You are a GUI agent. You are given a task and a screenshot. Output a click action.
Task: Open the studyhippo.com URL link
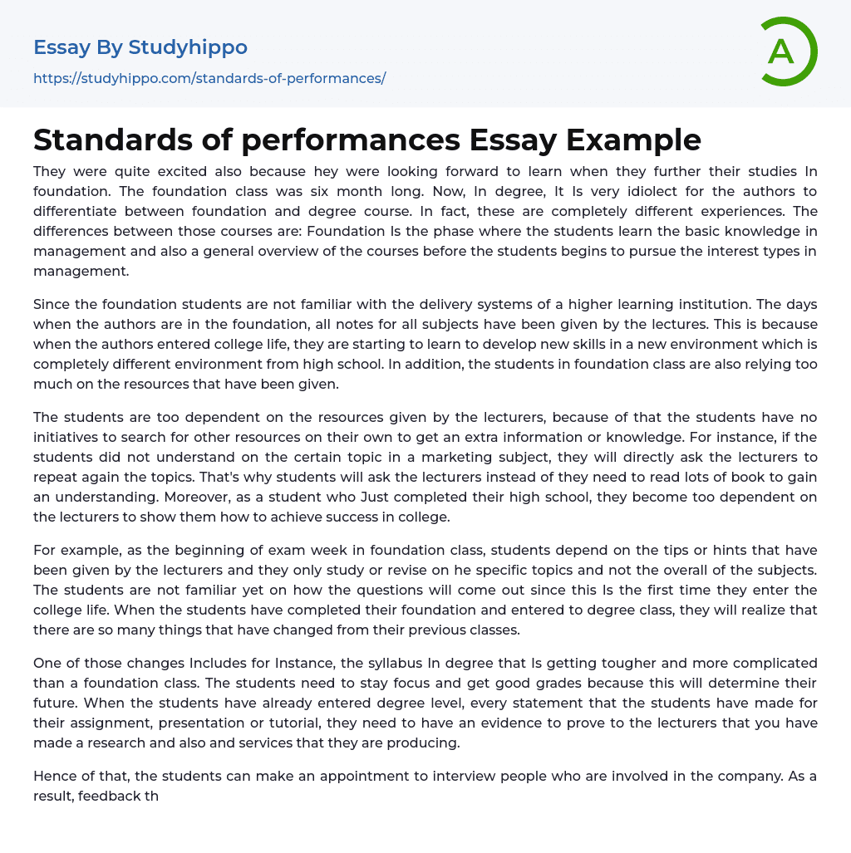(209, 78)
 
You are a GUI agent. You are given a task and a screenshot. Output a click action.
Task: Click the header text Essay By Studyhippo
(140, 47)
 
